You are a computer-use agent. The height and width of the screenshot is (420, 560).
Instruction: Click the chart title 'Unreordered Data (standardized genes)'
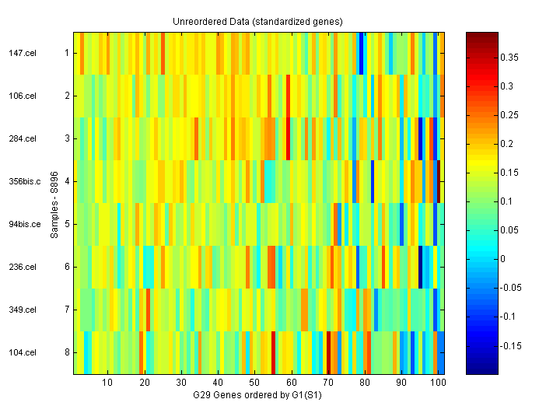point(257,21)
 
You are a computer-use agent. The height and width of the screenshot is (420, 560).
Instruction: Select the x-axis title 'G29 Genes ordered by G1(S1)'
point(257,396)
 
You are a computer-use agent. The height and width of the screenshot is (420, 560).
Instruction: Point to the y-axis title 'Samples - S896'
point(55,202)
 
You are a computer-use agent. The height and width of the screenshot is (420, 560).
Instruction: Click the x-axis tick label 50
point(254,383)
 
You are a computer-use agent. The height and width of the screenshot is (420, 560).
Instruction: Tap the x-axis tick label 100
point(437,383)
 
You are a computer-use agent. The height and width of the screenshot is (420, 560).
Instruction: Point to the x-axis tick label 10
point(107,383)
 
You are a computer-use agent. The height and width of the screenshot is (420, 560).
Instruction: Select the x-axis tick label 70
point(327,383)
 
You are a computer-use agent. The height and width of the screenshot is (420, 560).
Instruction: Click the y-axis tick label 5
point(67,224)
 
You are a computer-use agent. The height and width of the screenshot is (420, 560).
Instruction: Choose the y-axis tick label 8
point(67,352)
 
